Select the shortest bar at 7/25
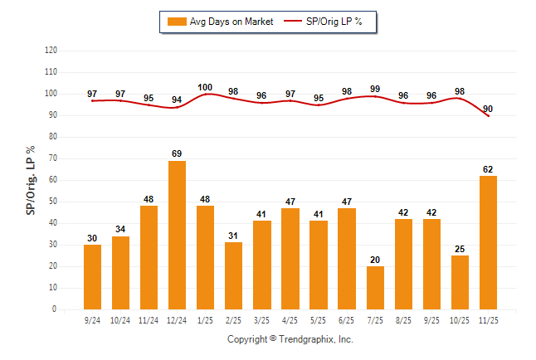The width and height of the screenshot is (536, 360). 375,287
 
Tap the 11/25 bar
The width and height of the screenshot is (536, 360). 488,242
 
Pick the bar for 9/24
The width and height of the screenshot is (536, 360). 92,276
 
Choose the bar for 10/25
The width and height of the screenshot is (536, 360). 460,282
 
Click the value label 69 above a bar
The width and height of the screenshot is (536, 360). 177,153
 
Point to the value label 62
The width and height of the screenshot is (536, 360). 488,169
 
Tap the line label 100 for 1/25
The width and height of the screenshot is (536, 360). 206,87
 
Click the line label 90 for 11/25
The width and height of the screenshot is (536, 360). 488,109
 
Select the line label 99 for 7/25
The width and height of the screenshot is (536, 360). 375,89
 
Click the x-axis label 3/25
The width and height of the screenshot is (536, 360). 262,319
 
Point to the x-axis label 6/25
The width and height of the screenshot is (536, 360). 347,319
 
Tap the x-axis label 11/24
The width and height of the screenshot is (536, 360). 149,319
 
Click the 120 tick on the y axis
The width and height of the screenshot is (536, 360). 51,51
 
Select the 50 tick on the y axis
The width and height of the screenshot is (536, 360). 52,202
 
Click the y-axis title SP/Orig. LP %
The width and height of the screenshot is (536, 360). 31,179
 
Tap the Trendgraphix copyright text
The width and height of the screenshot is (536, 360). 290,339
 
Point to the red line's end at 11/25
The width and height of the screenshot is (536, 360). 488,116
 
